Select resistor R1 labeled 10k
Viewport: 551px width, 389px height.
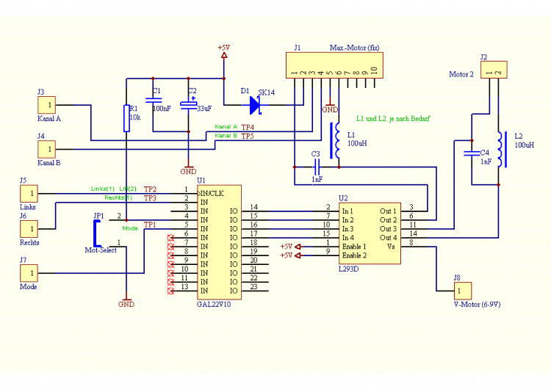[x=126, y=117]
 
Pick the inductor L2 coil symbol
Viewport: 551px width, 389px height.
[x=500, y=149]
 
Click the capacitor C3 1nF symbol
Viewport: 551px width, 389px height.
[x=316, y=166]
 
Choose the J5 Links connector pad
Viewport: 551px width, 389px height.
[x=29, y=194]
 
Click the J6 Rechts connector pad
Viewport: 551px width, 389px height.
[x=29, y=229]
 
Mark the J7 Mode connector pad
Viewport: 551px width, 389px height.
[x=29, y=273]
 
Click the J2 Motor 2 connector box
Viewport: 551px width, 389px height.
[x=493, y=70]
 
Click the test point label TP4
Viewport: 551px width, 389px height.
[x=248, y=127]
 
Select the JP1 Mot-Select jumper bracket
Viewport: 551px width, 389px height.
[x=96, y=233]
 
